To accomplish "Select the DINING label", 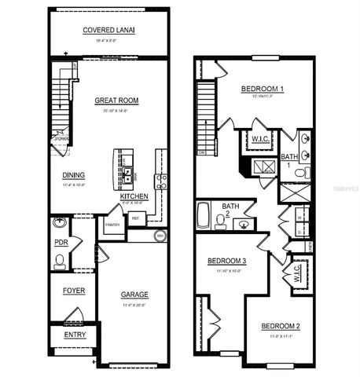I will tap(73, 175).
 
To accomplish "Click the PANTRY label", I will tap(112, 225).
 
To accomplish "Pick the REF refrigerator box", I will tap(135, 218).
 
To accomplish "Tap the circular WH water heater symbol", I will tap(160, 235).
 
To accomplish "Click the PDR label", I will tap(61, 243).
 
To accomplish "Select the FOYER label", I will tap(73, 291).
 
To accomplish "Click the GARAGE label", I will tap(134, 295).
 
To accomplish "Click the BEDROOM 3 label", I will tap(227, 261).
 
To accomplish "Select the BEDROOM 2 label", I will tap(281, 326).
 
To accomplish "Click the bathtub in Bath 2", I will tap(202, 214).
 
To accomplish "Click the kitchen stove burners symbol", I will tap(161, 181).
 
